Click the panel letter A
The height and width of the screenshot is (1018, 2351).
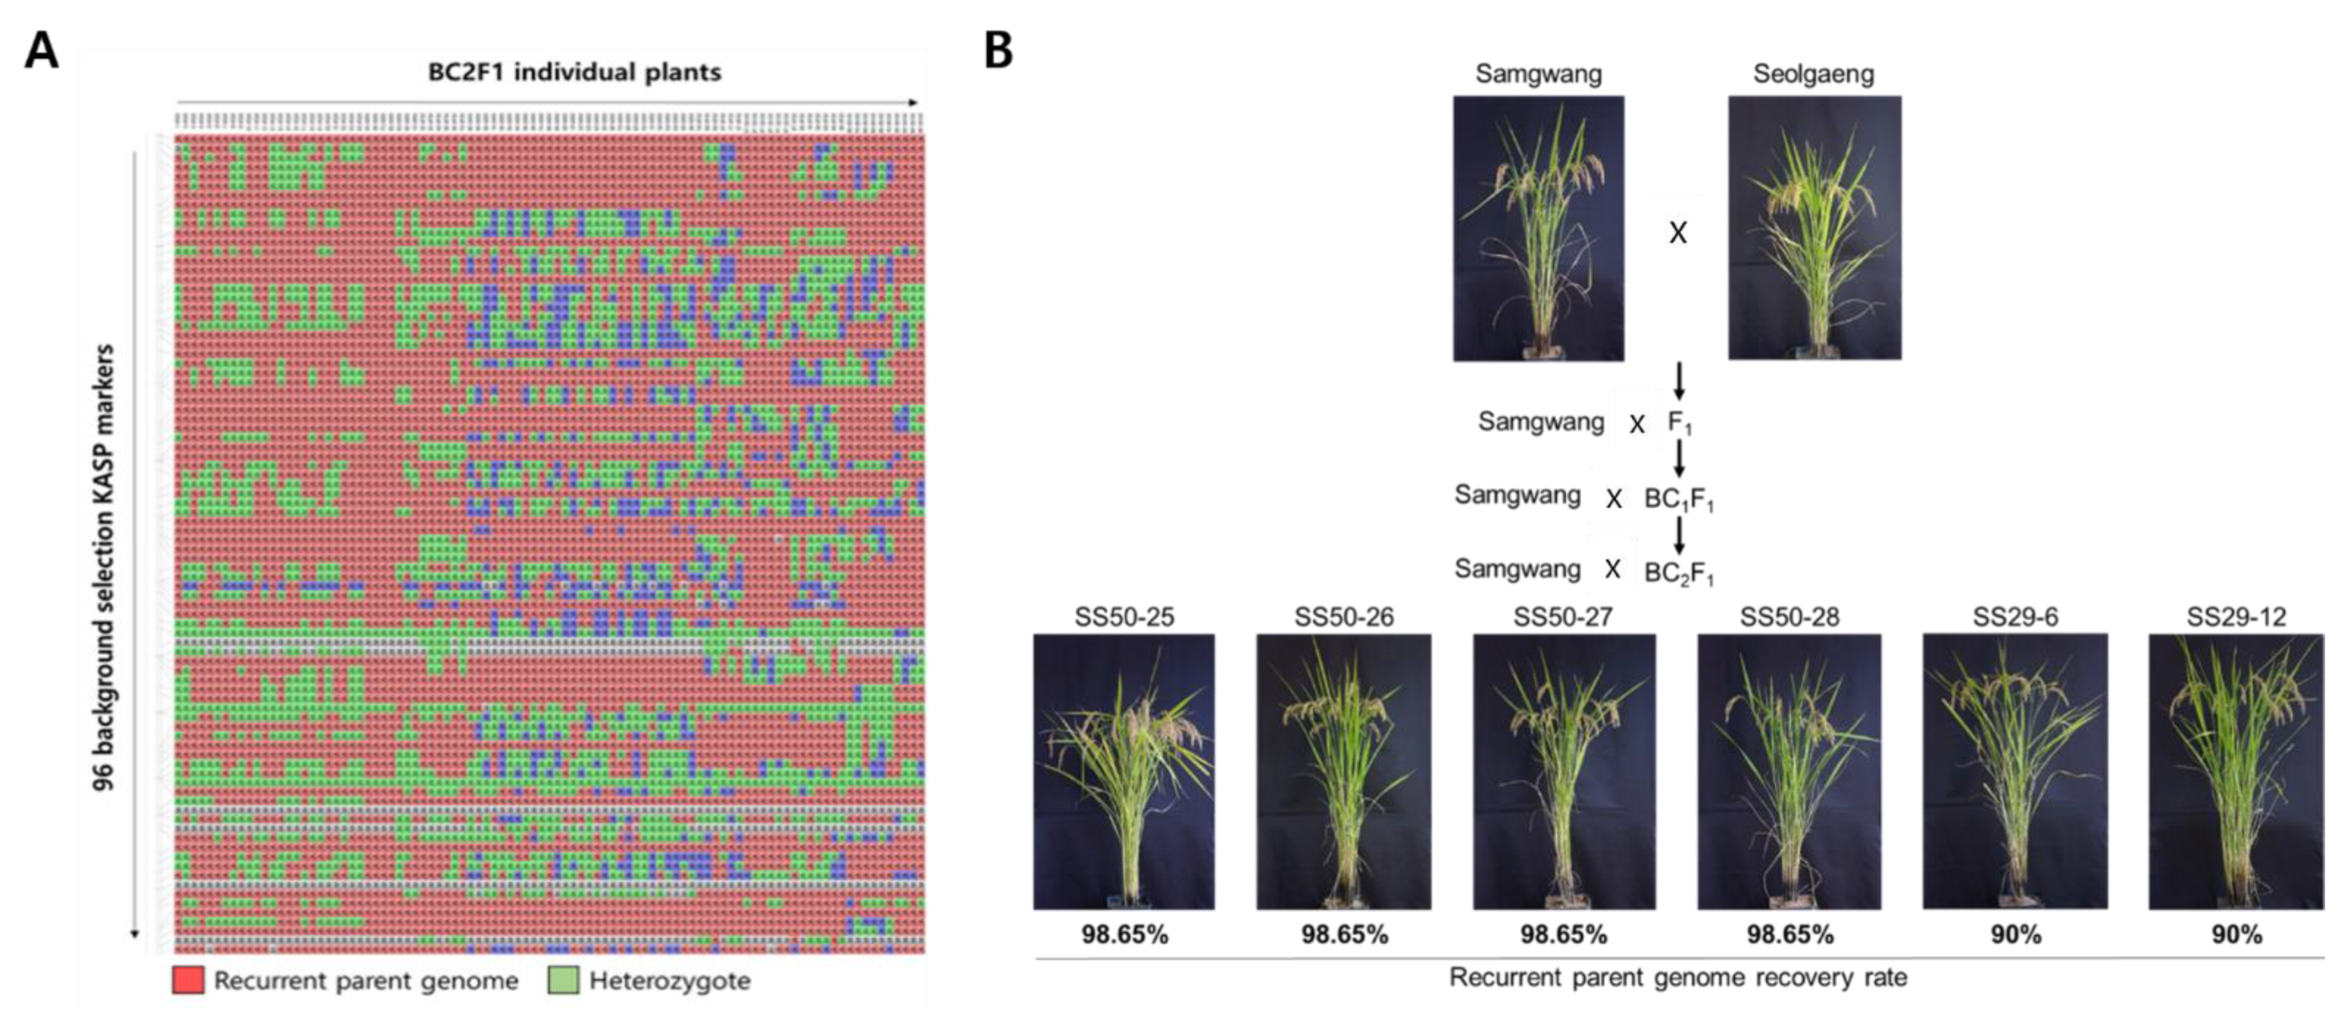click(41, 50)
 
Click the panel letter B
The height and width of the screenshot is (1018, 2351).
click(998, 50)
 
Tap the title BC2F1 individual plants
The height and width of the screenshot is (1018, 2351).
click(574, 72)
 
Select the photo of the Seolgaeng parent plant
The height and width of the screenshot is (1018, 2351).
click(1814, 228)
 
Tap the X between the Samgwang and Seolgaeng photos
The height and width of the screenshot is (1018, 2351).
click(1677, 233)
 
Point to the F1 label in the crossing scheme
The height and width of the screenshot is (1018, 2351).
click(1679, 423)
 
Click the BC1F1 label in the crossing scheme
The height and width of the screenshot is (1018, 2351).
click(1679, 499)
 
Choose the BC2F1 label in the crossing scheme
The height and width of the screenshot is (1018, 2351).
click(1679, 573)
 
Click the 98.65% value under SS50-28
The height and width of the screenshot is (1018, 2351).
click(1789, 935)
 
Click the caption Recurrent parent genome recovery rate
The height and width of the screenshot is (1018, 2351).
click(1677, 978)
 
